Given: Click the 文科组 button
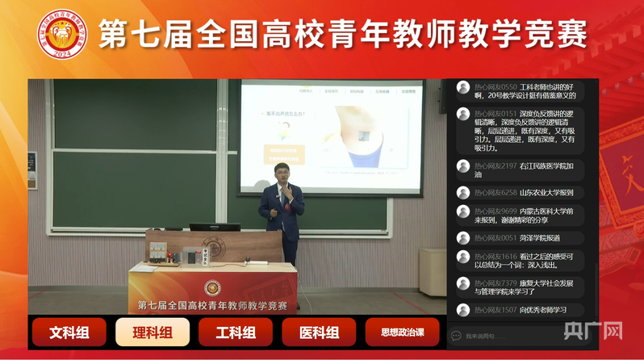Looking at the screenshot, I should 69,332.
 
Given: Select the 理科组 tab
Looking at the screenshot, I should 153,332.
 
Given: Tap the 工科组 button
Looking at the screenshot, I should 235,332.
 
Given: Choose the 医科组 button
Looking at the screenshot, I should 319,332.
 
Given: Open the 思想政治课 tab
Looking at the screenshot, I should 402,332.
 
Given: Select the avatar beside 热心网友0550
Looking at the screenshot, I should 463,87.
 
